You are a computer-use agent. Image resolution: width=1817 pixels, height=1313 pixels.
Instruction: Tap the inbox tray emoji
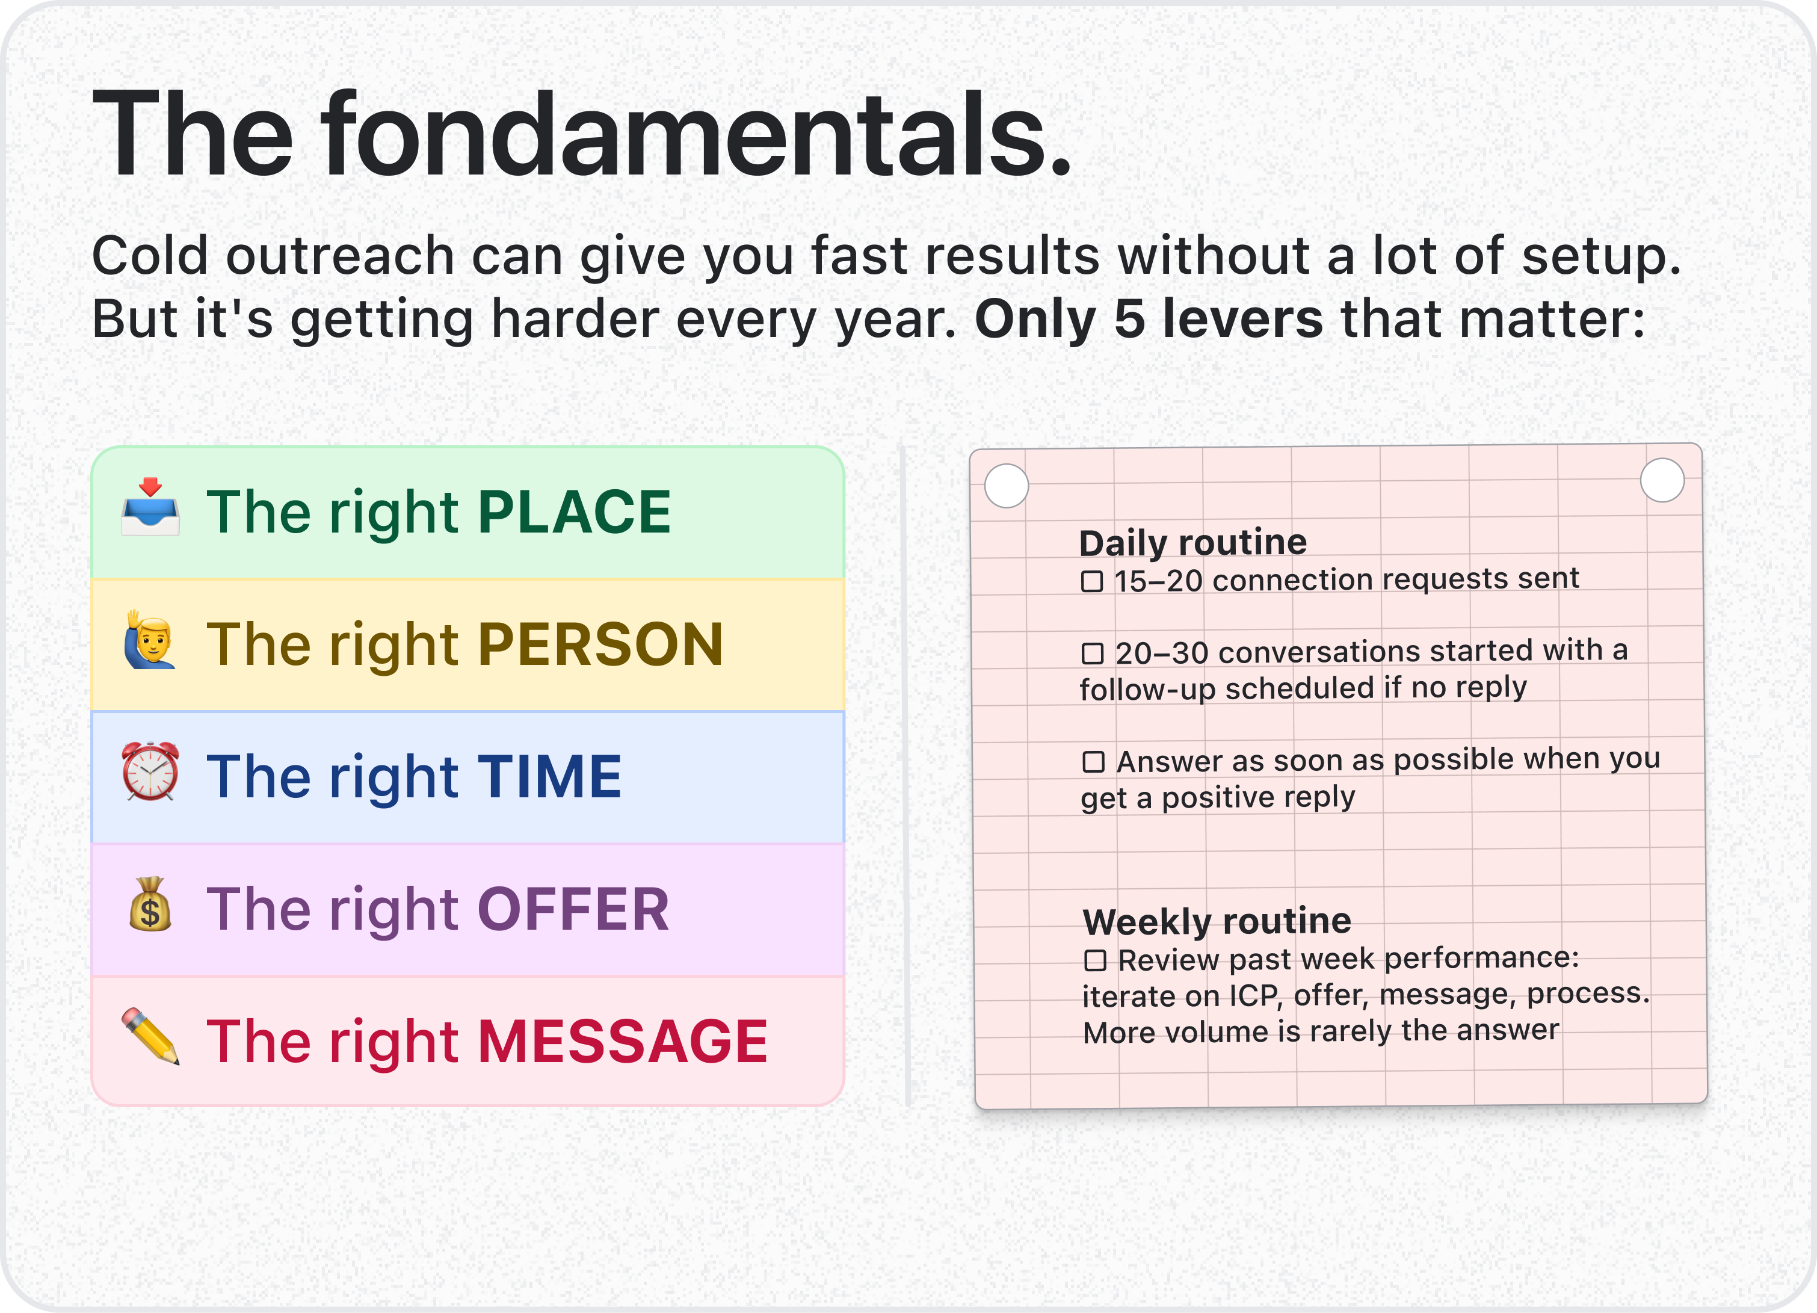[x=150, y=507]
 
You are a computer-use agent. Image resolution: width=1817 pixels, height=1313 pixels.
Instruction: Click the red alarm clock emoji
[x=150, y=771]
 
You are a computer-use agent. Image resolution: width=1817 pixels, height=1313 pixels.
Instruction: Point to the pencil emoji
[x=150, y=1036]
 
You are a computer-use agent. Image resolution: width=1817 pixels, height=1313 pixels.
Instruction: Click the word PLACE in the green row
[x=575, y=512]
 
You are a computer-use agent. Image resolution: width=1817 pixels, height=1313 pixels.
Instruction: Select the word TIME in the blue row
[x=549, y=776]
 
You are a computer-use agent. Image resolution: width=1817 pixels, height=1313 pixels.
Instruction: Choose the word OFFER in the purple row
[x=573, y=909]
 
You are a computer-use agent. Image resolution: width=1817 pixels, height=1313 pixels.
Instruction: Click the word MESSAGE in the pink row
[x=623, y=1042]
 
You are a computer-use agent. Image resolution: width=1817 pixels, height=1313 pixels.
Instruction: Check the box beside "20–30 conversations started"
[x=1093, y=653]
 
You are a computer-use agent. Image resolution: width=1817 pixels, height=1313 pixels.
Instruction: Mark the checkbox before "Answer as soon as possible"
[x=1094, y=762]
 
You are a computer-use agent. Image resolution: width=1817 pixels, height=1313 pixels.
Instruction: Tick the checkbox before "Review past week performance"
[x=1095, y=960]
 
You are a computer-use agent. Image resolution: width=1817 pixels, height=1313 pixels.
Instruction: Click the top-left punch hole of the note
[x=1006, y=486]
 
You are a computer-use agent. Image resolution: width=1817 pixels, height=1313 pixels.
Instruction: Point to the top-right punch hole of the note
[x=1662, y=480]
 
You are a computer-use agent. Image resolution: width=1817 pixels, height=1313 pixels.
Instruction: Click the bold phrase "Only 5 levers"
[x=1148, y=319]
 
